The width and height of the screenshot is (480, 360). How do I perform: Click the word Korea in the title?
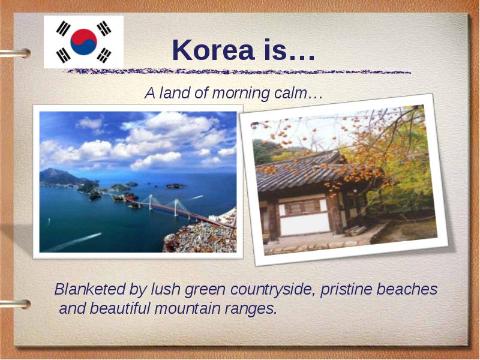[x=214, y=50]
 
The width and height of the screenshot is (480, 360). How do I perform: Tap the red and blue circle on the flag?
[x=83, y=42]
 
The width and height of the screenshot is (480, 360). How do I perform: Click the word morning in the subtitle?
[x=241, y=93]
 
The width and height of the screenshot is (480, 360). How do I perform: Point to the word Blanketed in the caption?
[x=90, y=289]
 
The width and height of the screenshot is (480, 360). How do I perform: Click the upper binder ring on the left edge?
[x=16, y=53]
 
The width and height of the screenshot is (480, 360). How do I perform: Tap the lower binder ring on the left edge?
[x=16, y=304]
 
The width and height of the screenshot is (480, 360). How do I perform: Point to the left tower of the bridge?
[x=151, y=202]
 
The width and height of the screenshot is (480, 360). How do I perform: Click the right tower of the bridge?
[x=176, y=207]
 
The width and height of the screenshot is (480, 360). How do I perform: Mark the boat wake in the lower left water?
[x=73, y=242]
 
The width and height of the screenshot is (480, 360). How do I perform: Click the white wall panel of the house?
[x=305, y=224]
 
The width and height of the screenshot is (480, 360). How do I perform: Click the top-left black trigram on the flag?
[x=63, y=28]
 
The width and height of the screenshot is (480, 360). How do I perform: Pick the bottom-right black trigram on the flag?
[x=104, y=55]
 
